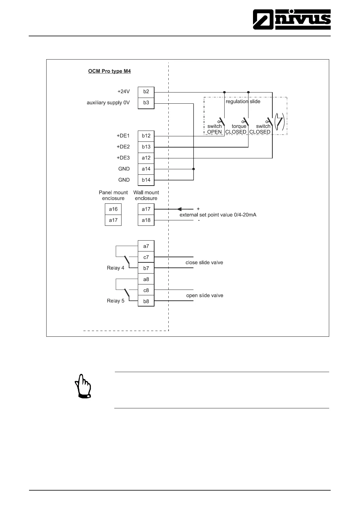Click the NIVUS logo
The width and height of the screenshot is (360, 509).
(292, 19)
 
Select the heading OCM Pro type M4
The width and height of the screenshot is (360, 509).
(109, 71)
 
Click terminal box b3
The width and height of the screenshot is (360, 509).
(146, 103)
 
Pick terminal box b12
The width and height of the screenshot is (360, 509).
(146, 136)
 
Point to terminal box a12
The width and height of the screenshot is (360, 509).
(146, 158)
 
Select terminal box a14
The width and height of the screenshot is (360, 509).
(146, 169)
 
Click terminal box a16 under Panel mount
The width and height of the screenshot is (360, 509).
(113, 209)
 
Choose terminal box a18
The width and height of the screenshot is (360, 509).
(146, 220)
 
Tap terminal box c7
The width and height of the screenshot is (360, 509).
(146, 257)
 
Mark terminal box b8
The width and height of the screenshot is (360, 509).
(146, 301)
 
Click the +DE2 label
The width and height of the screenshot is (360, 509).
(123, 147)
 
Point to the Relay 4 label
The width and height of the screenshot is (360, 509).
(115, 268)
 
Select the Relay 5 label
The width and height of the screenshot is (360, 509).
(115, 301)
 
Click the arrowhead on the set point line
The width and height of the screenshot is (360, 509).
(179, 209)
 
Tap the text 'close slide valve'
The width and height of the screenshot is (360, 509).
(204, 263)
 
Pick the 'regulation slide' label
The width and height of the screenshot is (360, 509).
(243, 102)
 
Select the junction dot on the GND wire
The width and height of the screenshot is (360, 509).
(193, 169)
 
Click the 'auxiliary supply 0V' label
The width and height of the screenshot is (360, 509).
(108, 103)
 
